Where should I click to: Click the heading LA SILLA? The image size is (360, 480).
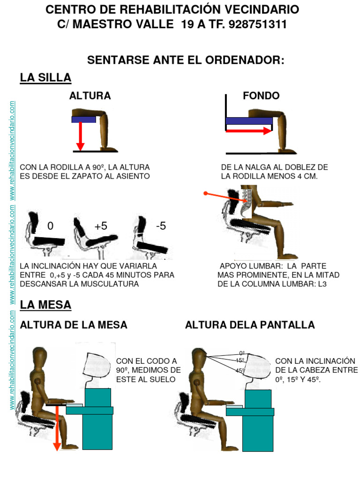(x=45, y=78)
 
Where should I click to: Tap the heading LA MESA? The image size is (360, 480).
(x=45, y=305)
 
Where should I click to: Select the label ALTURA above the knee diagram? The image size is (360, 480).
(x=90, y=96)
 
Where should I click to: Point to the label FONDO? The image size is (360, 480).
(x=261, y=96)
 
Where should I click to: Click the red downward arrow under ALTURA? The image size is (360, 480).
(x=80, y=136)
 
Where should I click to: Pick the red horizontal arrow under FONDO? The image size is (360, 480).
(x=248, y=131)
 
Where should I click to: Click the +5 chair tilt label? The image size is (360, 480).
(x=101, y=226)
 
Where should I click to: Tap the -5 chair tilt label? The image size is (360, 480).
(x=161, y=226)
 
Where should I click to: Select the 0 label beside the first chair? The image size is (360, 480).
(x=50, y=226)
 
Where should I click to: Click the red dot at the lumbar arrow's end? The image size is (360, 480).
(x=205, y=193)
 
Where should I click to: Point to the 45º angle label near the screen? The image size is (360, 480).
(x=240, y=370)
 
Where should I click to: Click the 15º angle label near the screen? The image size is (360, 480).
(x=240, y=360)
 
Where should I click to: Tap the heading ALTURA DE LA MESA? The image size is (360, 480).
(x=74, y=325)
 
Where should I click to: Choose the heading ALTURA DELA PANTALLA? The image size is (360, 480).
(x=250, y=325)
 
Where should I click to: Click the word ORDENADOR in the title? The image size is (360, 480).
(x=244, y=60)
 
